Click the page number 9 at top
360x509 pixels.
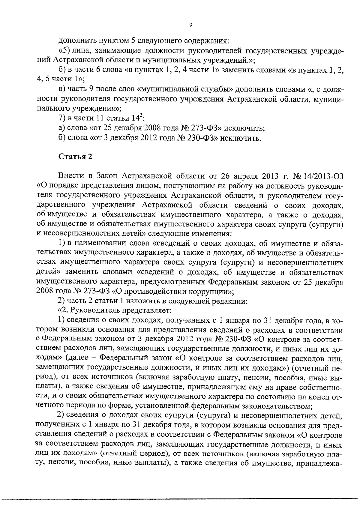tap(191, 25)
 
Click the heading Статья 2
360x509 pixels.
tap(75, 157)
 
